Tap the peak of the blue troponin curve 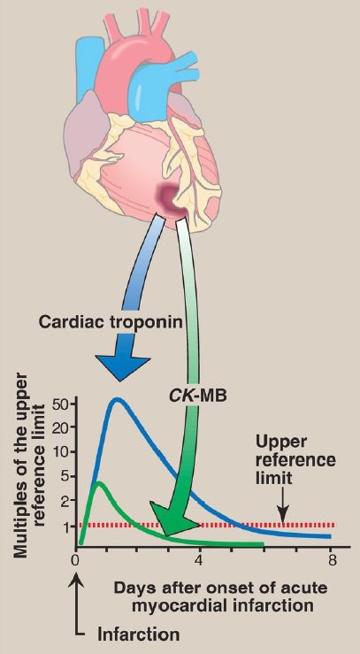[x=118, y=400]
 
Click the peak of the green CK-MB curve [x=98, y=484]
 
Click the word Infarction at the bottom [x=139, y=635]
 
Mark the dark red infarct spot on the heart [x=171, y=197]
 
